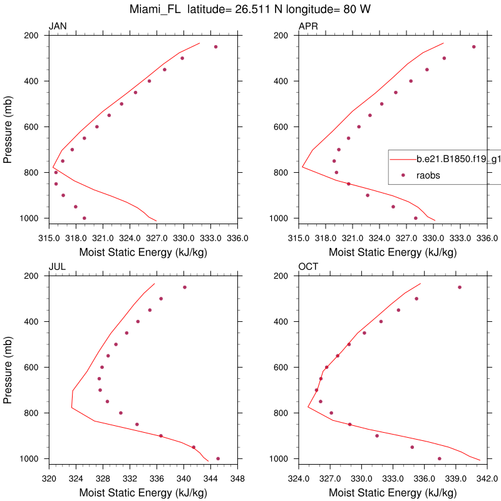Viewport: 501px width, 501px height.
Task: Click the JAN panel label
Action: tap(58, 26)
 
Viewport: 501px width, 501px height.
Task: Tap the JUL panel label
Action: tap(57, 267)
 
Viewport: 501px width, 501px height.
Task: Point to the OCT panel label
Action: tap(308, 267)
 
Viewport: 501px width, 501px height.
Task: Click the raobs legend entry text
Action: tap(428, 175)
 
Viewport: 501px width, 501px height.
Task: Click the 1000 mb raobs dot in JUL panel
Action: tap(218, 458)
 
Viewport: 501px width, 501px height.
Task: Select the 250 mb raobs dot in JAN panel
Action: tap(216, 47)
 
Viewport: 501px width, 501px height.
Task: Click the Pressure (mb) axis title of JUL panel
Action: tap(8, 367)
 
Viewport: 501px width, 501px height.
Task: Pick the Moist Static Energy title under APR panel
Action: tap(393, 252)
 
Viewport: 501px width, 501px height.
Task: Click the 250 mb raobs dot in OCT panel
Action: tap(459, 287)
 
